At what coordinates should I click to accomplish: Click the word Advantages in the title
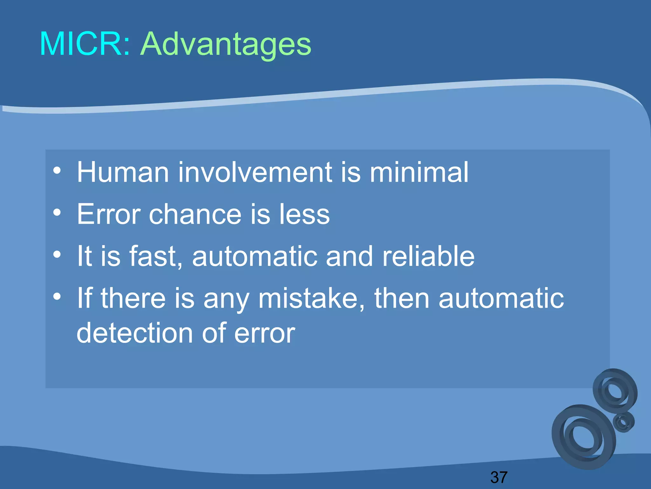226,45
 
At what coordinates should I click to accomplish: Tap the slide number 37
499,477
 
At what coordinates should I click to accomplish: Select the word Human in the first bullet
123,172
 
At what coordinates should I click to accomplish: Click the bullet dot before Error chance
57,212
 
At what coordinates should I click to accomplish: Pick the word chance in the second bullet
195,214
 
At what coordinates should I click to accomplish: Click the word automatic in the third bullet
254,256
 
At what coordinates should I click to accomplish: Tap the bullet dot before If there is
57,296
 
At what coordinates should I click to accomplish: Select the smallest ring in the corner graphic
624,422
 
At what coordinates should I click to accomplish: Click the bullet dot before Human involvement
57,170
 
